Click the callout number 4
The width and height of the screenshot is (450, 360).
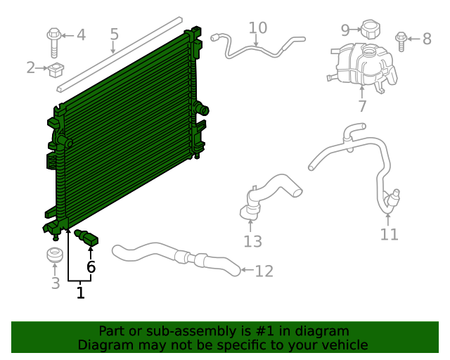81,34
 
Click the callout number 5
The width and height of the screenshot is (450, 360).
114,34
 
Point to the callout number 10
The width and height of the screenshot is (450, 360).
258,27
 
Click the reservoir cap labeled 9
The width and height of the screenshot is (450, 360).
370,29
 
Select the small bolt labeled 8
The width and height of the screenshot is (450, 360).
401,40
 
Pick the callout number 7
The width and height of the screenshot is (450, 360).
362,106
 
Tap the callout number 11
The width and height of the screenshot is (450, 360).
389,234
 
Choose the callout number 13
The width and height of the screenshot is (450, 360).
252,241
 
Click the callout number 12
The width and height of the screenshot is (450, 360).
264,271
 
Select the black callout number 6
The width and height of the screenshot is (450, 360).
91,267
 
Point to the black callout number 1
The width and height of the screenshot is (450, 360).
80,292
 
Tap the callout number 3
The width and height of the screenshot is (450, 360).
55,283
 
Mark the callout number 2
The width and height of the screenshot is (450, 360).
30,67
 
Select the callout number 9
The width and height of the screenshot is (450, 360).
345,30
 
